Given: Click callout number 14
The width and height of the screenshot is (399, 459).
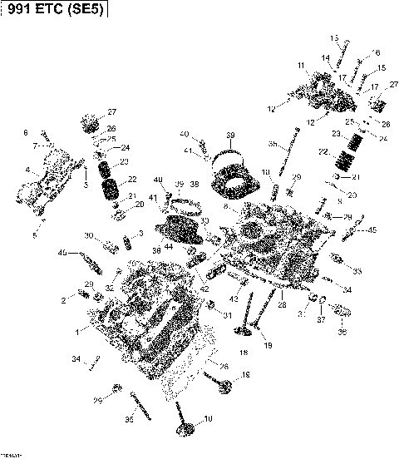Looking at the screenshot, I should (327, 57).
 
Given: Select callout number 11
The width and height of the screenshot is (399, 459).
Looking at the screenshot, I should (301, 65).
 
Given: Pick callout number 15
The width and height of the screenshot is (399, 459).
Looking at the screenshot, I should (382, 68).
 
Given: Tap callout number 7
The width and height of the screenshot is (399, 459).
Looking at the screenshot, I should (35, 146).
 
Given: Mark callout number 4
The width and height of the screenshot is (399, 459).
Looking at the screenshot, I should (27, 170).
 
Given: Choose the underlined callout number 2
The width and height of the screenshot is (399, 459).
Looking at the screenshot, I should (62, 299).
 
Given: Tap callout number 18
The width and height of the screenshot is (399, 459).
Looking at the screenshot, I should (243, 353).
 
